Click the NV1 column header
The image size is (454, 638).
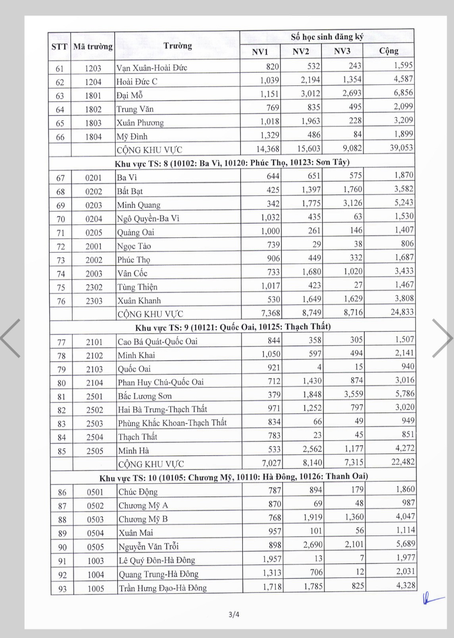[260, 52]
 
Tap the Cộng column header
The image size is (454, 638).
[389, 51]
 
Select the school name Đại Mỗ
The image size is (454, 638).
[129, 95]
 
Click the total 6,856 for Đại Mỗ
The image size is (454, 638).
[403, 93]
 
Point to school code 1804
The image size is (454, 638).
[93, 137]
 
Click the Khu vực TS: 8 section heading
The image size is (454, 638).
[232, 163]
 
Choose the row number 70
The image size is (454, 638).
[61, 219]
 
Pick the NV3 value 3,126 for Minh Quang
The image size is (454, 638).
[352, 203]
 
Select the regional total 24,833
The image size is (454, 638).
[402, 312]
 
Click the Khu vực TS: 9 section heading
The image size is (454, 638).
[233, 327]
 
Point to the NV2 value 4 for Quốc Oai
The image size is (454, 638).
[319, 367]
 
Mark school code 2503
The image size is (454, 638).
[95, 423]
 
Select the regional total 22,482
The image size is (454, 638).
[403, 462]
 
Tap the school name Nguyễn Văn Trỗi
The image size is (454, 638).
[149, 547]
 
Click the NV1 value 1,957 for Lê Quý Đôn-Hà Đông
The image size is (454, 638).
[272, 559]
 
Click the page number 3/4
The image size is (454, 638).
[234, 615]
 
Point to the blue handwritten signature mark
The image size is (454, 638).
[432, 598]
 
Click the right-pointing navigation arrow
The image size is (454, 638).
[441, 338]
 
